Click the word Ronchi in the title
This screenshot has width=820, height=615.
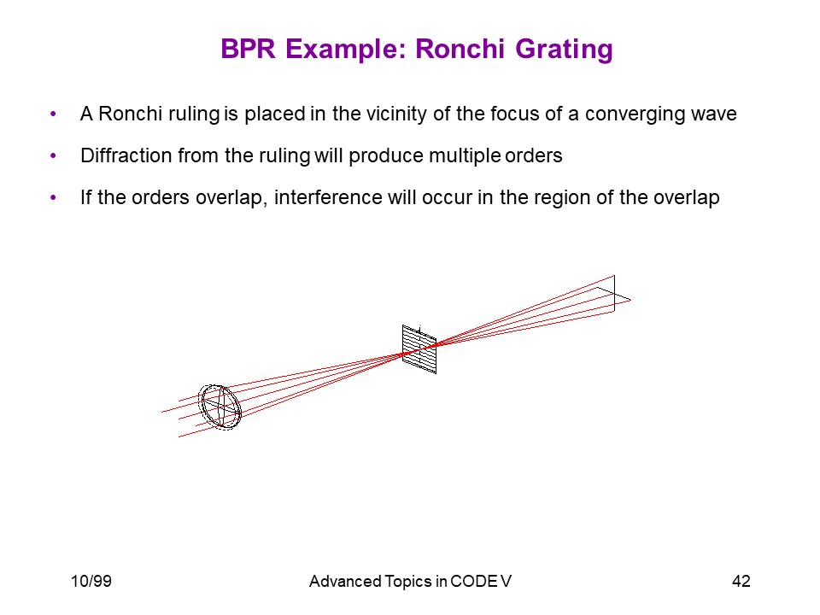pos(460,49)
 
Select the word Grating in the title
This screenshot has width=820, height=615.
pos(564,50)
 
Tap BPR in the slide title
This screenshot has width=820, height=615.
pos(248,49)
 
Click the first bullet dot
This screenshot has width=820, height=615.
pos(53,114)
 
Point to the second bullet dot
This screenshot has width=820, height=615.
pos(53,155)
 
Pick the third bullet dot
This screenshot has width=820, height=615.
pos(53,197)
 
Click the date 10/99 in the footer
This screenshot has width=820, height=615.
pos(91,581)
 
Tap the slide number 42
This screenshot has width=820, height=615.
pos(741,581)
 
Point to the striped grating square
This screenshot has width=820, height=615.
pos(419,348)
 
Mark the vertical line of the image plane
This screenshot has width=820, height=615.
pos(614,293)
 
